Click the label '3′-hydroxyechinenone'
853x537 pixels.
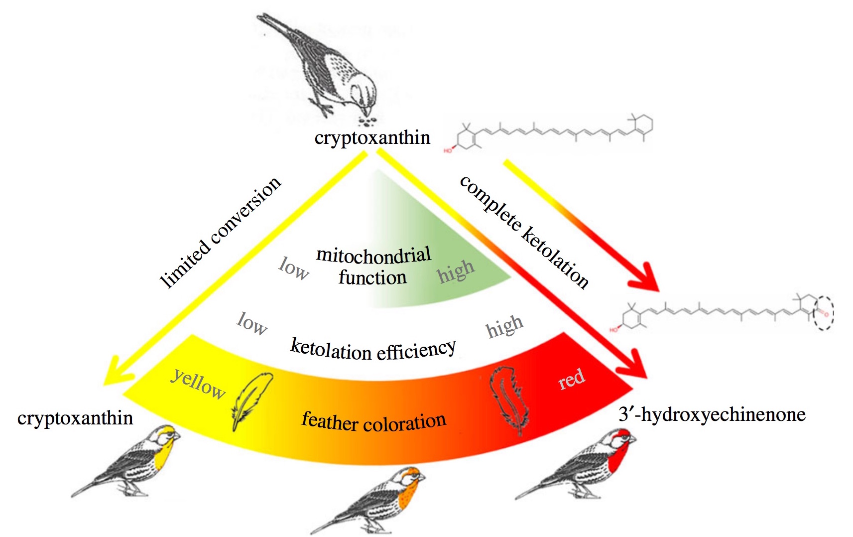pos(712,414)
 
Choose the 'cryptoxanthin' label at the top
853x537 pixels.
pos(372,137)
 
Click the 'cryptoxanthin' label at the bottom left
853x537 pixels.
pos(75,418)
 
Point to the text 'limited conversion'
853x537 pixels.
pos(220,232)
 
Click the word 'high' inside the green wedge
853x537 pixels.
pos(456,271)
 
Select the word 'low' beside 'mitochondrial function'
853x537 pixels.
pos(293,269)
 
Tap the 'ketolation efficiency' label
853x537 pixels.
pos(373,349)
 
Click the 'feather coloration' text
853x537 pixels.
pos(374,421)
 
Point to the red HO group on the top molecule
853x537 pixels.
pos(448,151)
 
